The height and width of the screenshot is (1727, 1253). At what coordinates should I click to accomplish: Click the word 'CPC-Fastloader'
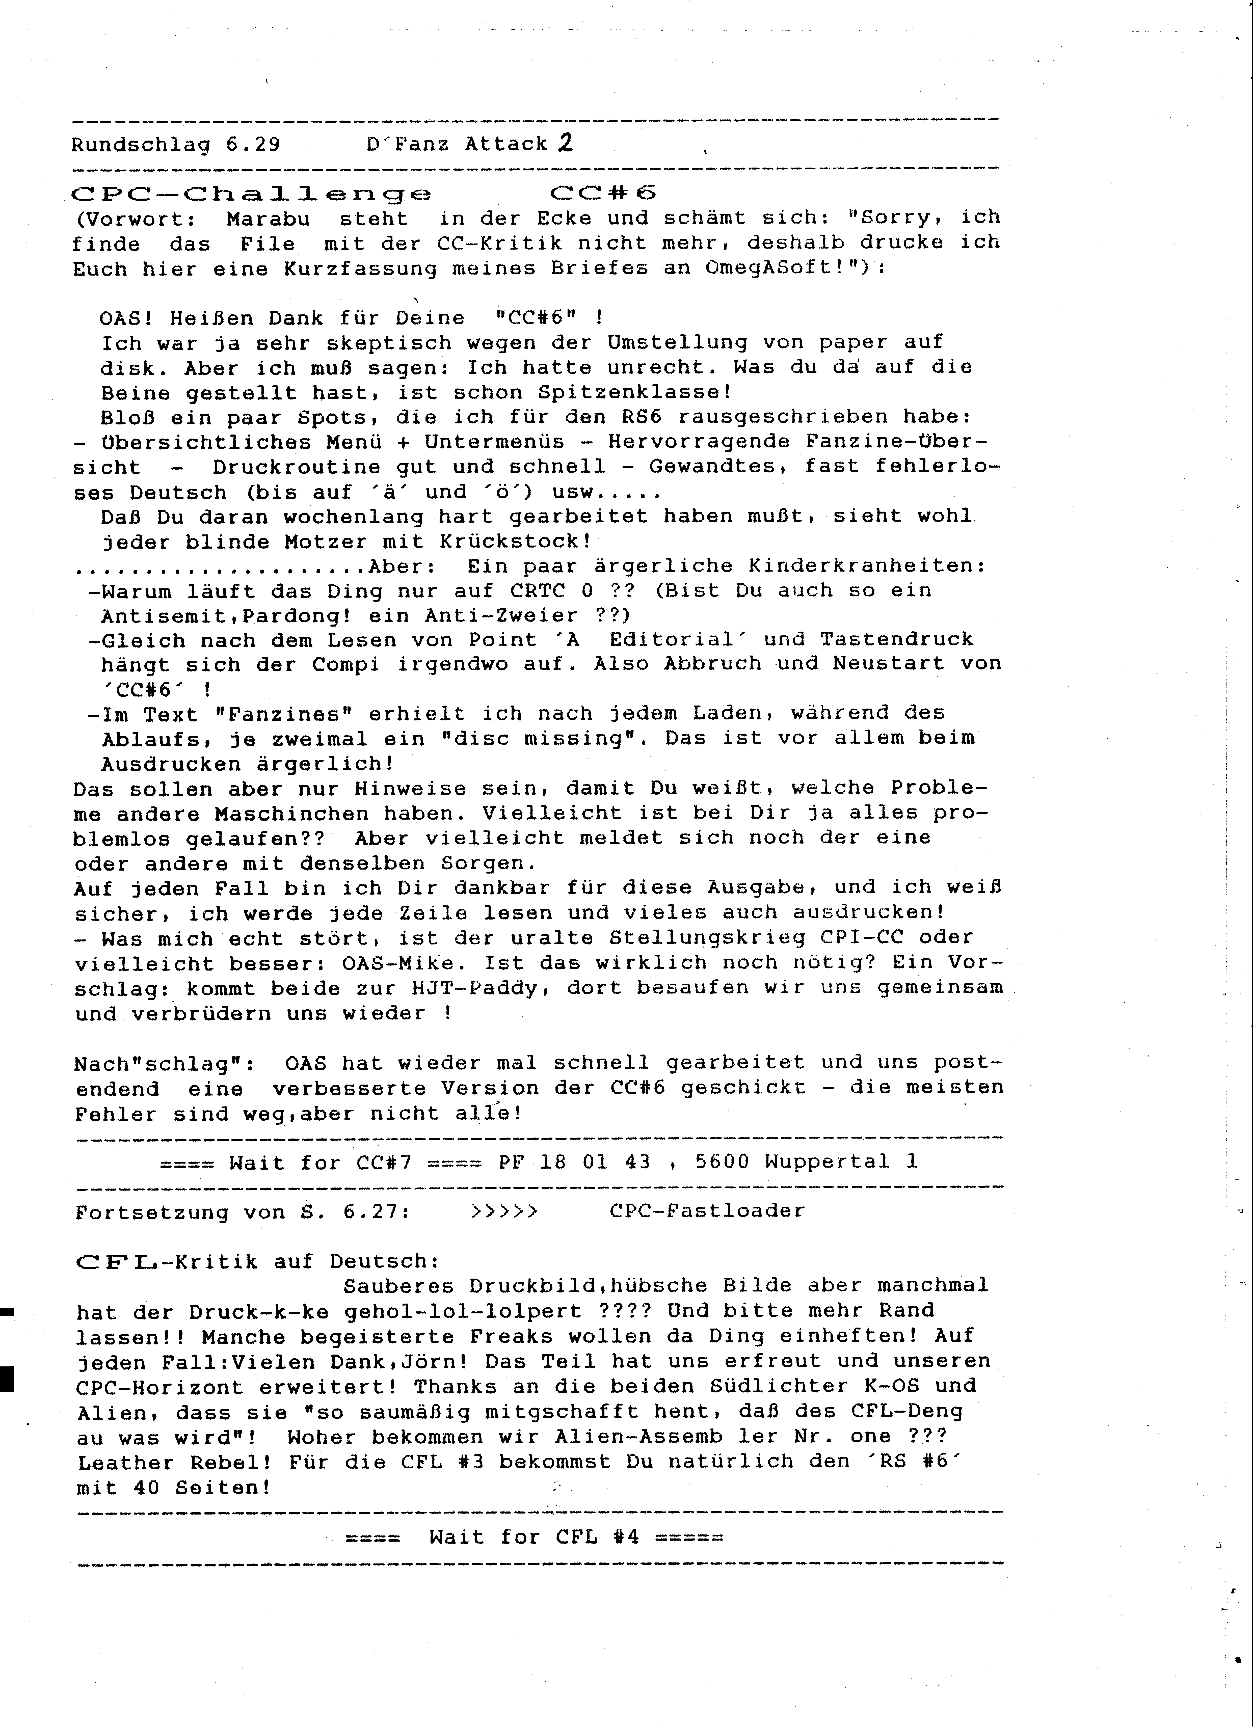(x=707, y=1211)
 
